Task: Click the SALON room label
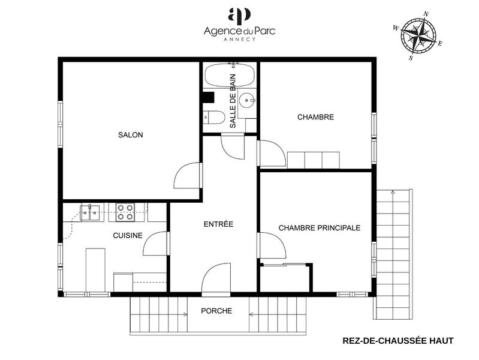pyautogui.click(x=130, y=135)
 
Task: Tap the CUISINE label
pyautogui.click(x=128, y=235)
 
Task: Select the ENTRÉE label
pyautogui.click(x=218, y=224)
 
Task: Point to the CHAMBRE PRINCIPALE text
pyautogui.click(x=319, y=228)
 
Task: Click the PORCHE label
pyautogui.click(x=216, y=311)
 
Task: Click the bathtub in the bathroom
pyautogui.click(x=220, y=76)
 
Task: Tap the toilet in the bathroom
pyautogui.click(x=213, y=116)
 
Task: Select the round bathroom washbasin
pyautogui.click(x=246, y=100)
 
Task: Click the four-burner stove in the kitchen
pyautogui.click(x=125, y=212)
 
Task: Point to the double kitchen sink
pyautogui.click(x=91, y=212)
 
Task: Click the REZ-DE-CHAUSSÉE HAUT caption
pyautogui.click(x=398, y=341)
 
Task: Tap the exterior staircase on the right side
pyautogui.click(x=394, y=252)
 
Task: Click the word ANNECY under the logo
pyautogui.click(x=239, y=40)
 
